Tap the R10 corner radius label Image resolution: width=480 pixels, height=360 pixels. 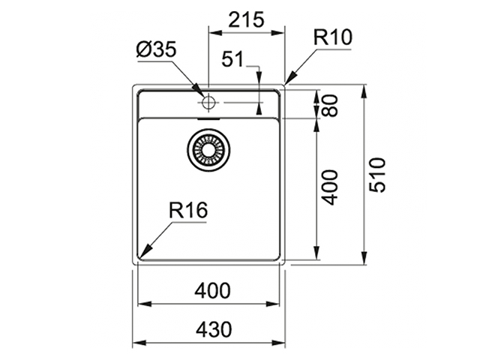(x=334, y=37)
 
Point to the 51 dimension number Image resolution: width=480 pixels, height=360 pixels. (x=234, y=59)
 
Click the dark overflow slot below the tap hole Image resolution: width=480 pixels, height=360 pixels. (x=208, y=117)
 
